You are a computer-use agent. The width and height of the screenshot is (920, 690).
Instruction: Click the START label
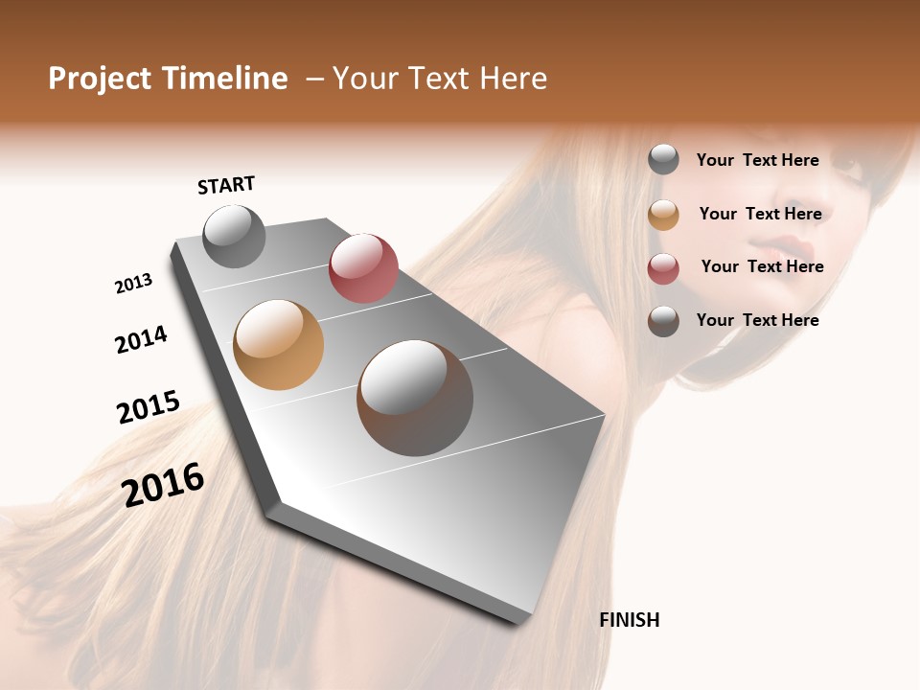226,185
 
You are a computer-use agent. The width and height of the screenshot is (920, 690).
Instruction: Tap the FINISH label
629,620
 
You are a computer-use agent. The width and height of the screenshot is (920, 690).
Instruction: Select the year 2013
133,283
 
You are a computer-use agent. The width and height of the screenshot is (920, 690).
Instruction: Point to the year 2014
141,339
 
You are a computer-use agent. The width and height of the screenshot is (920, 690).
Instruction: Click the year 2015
149,407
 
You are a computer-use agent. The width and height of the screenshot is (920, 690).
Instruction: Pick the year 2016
163,484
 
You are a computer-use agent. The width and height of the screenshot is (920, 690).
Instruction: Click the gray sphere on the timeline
234,236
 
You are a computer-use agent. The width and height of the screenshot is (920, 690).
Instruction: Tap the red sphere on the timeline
363,267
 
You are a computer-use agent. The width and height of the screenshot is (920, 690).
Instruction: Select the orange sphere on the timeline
278,345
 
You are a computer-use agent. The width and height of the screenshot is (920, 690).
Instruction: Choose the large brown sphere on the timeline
415,398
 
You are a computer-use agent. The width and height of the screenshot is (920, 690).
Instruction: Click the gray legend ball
663,159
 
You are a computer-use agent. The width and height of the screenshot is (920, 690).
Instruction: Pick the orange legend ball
663,215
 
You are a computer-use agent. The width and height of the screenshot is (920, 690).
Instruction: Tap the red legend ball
663,268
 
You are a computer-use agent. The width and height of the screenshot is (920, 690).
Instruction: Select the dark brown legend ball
663,321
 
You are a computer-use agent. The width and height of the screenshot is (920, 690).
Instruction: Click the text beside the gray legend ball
757,160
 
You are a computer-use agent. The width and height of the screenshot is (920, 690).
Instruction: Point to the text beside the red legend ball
762,266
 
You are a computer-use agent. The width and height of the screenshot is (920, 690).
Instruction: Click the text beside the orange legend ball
760,214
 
